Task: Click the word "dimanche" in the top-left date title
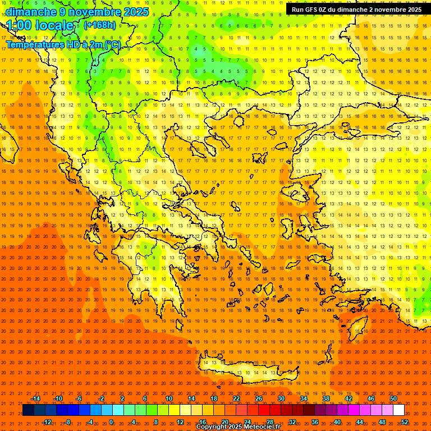pyautogui.click(x=29, y=12)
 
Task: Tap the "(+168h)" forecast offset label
pyautogui.click(x=99, y=25)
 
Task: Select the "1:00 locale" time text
pyautogui.click(x=40, y=26)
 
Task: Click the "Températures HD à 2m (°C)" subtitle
pyautogui.click(x=63, y=44)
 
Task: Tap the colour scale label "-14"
pyautogui.click(x=35, y=398)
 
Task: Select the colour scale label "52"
pyautogui.click(x=405, y=422)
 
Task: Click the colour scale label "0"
pyautogui.click(x=111, y=422)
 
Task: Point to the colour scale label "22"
pyautogui.click(x=236, y=398)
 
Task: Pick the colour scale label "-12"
pyautogui.click(x=47, y=422)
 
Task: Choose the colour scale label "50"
pyautogui.click(x=393, y=398)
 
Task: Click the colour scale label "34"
pyautogui.click(x=304, y=398)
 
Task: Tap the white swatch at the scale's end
pyautogui.click(x=398, y=410)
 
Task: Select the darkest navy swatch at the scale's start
pyautogui.click(x=28, y=410)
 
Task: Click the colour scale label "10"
pyautogui.click(x=169, y=398)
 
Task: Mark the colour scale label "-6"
pyautogui.click(x=79, y=398)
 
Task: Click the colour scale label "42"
pyautogui.click(x=349, y=398)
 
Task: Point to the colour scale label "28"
pyautogui.click(x=270, y=422)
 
